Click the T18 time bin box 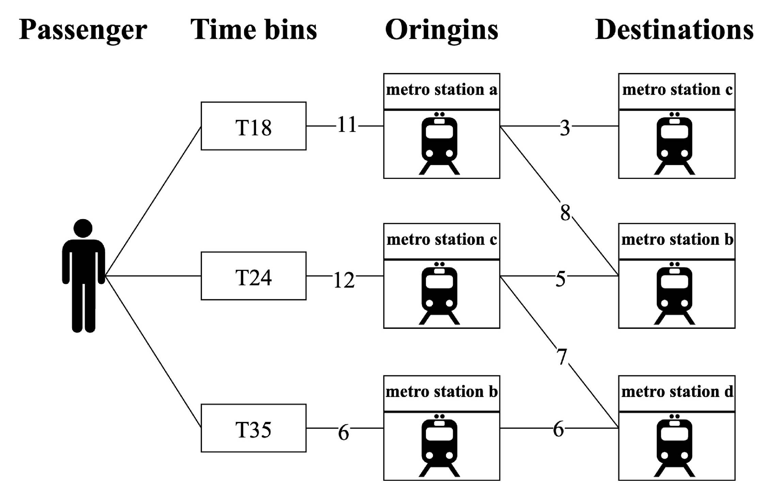[253, 126]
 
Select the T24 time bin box [253, 276]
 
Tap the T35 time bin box [253, 428]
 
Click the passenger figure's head [83, 228]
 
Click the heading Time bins [253, 30]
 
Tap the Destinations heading [674, 30]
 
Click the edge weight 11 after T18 [347, 125]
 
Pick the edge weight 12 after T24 [344, 280]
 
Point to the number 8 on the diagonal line [565, 213]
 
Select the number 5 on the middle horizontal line [560, 279]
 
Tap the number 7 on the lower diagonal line [562, 357]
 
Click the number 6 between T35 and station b [344, 433]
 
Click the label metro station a [442, 90]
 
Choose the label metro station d [677, 392]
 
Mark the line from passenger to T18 [153, 201]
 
